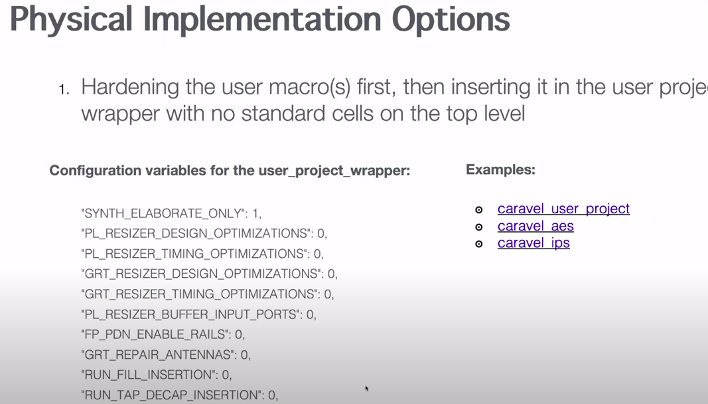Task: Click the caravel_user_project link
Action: (x=563, y=209)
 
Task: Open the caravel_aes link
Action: (x=535, y=226)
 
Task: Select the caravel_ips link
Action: (x=533, y=243)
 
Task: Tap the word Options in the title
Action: (x=451, y=20)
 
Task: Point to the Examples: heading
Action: (x=500, y=169)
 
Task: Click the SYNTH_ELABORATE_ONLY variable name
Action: (x=165, y=213)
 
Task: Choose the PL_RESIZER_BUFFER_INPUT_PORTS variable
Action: (x=192, y=314)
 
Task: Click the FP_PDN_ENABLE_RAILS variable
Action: (x=156, y=334)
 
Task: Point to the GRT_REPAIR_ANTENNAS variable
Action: (x=159, y=355)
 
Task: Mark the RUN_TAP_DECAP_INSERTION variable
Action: (x=173, y=395)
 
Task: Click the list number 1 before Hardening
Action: (x=64, y=90)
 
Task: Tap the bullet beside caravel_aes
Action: (x=478, y=227)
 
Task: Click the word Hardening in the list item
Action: (x=130, y=87)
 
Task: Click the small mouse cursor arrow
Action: (x=367, y=388)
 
